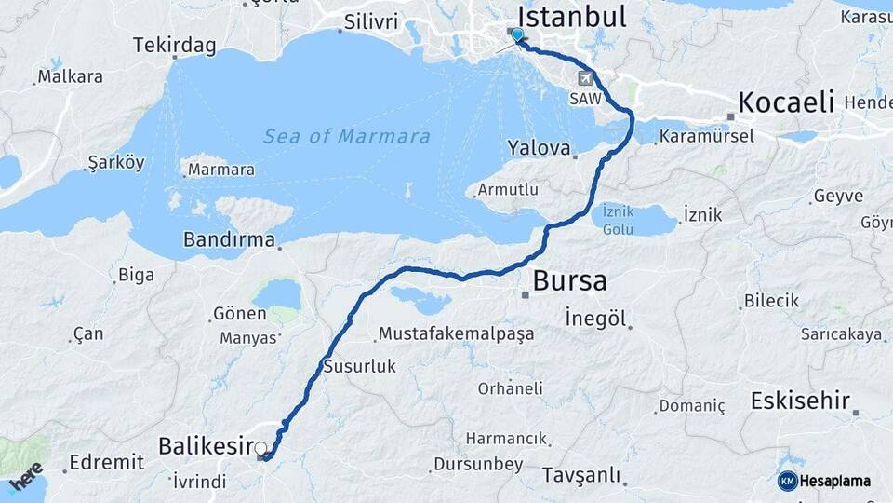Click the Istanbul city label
click(571, 16)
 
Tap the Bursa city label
click(569, 280)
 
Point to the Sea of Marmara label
click(346, 137)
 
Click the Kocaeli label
click(786, 102)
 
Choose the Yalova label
click(539, 147)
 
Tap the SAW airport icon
click(585, 78)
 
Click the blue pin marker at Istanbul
click(518, 36)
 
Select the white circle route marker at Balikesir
click(260, 448)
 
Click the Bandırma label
click(229, 239)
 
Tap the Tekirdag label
click(174, 45)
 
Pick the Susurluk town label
click(359, 366)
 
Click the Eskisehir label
click(800, 401)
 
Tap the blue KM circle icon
click(787, 481)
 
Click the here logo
click(26, 475)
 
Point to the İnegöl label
click(594, 319)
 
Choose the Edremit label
click(106, 462)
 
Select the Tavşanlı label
click(581, 475)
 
